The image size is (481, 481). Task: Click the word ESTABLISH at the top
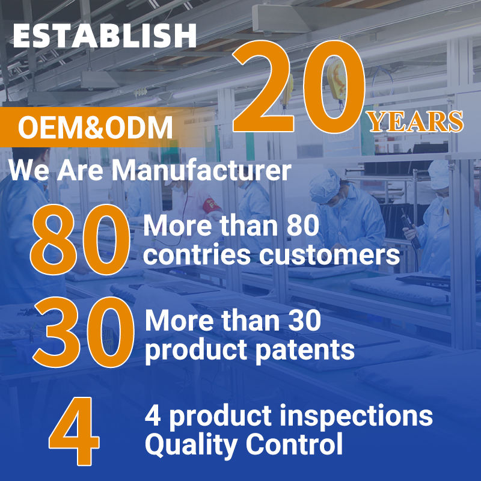[x=105, y=35]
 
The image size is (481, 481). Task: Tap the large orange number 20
[x=298, y=87]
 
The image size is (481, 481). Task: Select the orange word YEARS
[x=416, y=121]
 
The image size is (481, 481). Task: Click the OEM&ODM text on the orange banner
[x=95, y=127]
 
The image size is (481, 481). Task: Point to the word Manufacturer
[x=201, y=171]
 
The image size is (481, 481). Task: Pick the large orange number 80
[x=80, y=239]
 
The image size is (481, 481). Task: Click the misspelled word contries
[x=197, y=254]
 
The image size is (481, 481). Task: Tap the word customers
[x=329, y=255]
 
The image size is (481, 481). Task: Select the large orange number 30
[x=84, y=332]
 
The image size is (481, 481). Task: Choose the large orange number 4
[x=74, y=431]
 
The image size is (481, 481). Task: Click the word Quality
[x=191, y=445]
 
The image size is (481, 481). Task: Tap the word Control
[x=294, y=444]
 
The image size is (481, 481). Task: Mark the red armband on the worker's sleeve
[x=212, y=205]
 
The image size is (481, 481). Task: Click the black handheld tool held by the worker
[x=411, y=228]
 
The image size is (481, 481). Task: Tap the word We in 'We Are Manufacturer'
[x=28, y=171]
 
